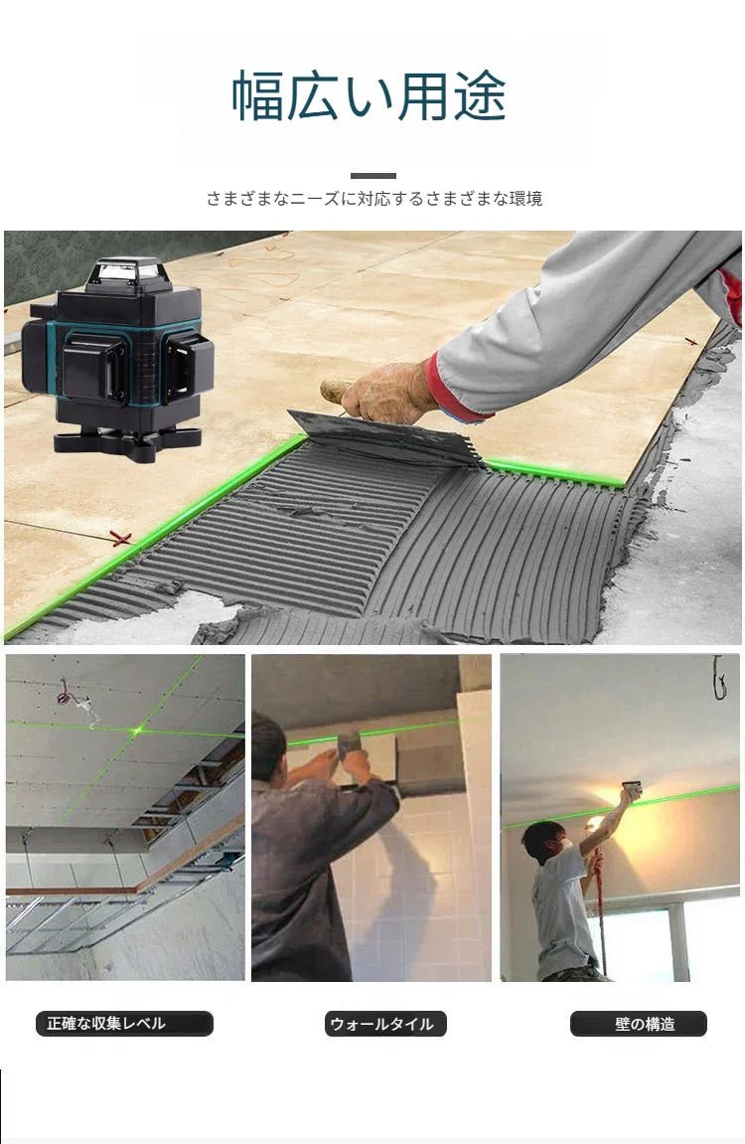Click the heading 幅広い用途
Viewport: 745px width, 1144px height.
point(370,96)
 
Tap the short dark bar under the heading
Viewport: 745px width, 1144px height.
point(372,176)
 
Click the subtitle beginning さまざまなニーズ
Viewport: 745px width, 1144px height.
point(373,199)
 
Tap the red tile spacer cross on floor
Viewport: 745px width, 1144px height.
point(120,539)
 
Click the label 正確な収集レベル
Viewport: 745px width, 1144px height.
point(124,1024)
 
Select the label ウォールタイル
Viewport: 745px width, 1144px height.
point(385,1024)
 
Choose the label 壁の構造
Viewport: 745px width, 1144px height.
point(638,1024)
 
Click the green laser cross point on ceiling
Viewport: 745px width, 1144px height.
point(139,731)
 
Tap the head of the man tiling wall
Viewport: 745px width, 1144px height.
point(268,740)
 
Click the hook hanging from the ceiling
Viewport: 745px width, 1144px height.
point(719,676)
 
